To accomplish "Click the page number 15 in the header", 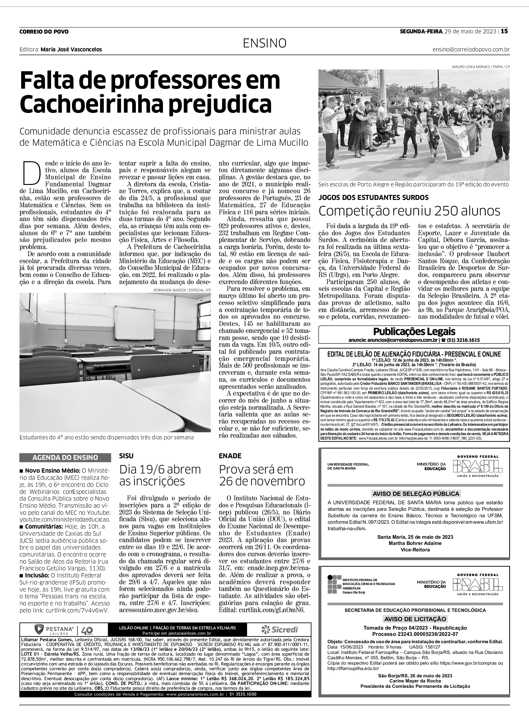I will tap(505, 31).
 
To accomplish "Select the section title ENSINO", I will tap(264, 43).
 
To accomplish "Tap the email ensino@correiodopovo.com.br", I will tap(471, 50).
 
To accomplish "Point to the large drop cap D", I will tap(32, 173).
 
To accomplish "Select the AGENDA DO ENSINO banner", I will tap(65, 457).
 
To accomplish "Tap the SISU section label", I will tap(126, 456).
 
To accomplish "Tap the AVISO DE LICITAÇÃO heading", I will tap(415, 619).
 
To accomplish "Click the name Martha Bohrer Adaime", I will tap(415, 543).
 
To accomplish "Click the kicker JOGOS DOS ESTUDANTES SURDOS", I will tap(373, 198).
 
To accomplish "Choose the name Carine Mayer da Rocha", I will tap(415, 680).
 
